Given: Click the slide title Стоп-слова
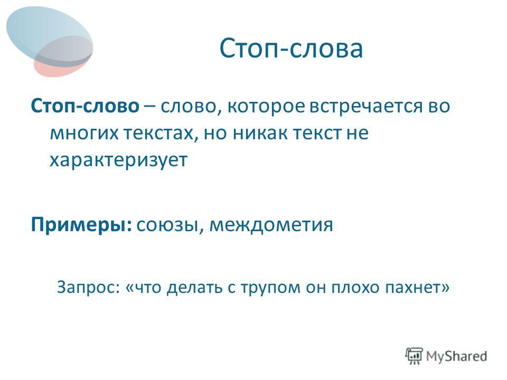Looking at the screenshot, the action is pyautogui.click(x=291, y=49).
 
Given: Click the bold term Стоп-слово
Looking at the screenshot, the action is pyautogui.click(x=85, y=106).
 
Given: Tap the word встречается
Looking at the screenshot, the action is pyautogui.click(x=366, y=107).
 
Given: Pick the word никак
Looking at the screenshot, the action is pyautogui.click(x=260, y=133).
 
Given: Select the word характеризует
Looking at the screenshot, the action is pyautogui.click(x=119, y=160).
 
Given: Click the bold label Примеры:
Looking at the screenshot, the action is pyautogui.click(x=81, y=225).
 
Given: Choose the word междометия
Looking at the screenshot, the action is pyautogui.click(x=271, y=225).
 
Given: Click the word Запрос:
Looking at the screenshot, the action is pyautogui.click(x=89, y=287).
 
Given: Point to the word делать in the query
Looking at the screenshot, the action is pyautogui.click(x=195, y=287).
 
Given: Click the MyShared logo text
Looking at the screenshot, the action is pyautogui.click(x=456, y=356).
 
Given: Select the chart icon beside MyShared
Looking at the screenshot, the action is pyautogui.click(x=414, y=356).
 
